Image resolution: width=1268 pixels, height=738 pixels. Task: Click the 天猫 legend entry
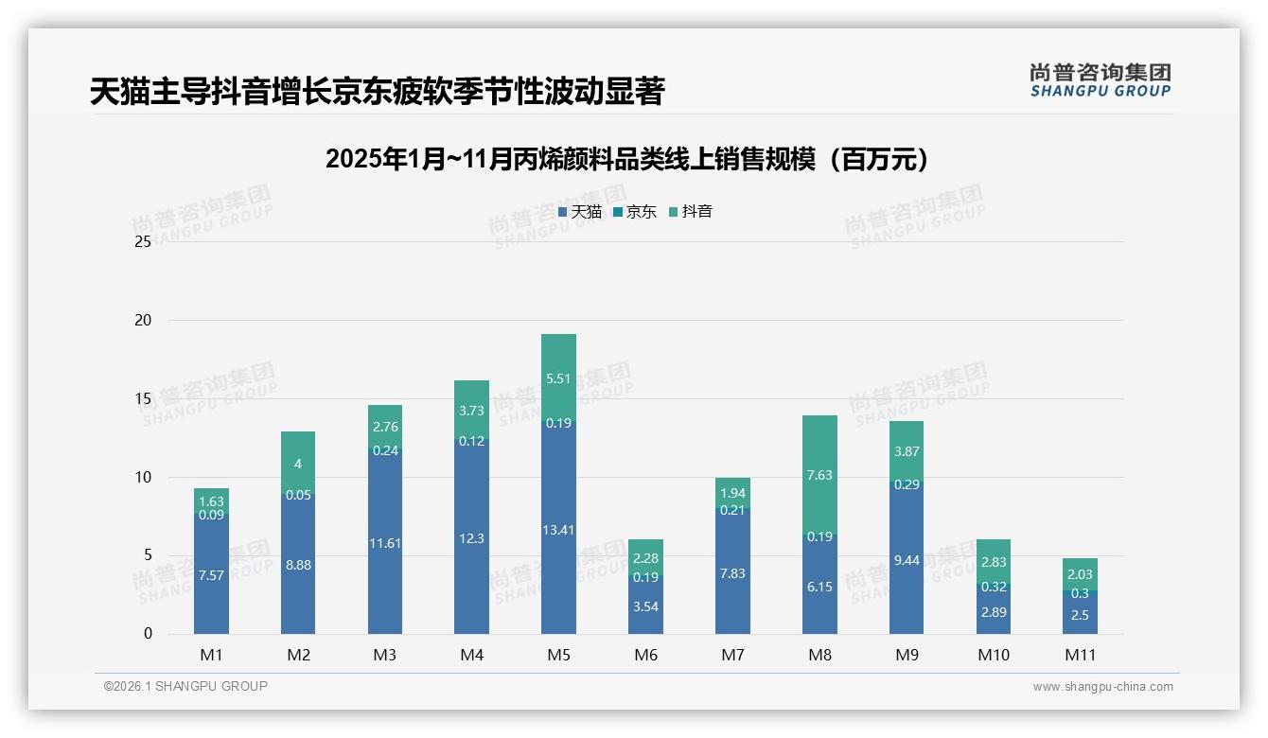tap(580, 212)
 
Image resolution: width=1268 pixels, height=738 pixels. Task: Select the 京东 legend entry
tap(635, 212)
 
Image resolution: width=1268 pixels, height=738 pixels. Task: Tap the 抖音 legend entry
tap(691, 212)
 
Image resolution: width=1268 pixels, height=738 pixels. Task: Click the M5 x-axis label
tap(558, 655)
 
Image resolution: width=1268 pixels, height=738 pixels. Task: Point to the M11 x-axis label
tap(1080, 655)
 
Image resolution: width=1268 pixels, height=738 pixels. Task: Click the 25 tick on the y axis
tap(143, 242)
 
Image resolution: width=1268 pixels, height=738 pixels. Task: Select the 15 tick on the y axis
tap(143, 399)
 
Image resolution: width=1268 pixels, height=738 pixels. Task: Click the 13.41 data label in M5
tap(558, 529)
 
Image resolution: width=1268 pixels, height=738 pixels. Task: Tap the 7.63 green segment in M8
tap(819, 475)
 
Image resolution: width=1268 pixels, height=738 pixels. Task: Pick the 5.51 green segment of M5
tap(558, 378)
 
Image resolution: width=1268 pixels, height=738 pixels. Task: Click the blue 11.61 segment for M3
tap(385, 543)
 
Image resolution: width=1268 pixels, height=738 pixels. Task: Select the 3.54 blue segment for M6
tap(645, 606)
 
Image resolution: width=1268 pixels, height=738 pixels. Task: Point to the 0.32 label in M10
tap(994, 587)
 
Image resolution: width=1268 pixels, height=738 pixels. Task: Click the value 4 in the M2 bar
tap(298, 464)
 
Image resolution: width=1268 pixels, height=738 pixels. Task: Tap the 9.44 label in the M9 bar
tap(907, 560)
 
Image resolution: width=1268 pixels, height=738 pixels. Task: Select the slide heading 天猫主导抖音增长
tap(377, 92)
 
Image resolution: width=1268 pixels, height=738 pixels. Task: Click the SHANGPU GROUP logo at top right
tap(1100, 80)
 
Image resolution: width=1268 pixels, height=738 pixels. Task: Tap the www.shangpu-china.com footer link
tap(1102, 687)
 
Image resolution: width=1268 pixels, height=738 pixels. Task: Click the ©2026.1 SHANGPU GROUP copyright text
tap(185, 686)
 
